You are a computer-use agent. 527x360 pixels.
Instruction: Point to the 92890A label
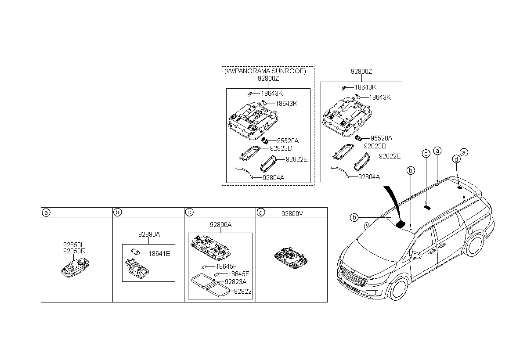tap(149, 235)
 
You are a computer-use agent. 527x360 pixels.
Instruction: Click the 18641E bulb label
tap(159, 253)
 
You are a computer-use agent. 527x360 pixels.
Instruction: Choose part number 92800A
tap(220, 225)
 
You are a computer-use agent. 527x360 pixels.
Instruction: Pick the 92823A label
tap(235, 282)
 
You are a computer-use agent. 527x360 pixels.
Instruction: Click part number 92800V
tap(292, 213)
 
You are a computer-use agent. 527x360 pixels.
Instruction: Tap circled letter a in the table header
tap(45, 213)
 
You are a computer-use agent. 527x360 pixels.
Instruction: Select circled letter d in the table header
tap(261, 213)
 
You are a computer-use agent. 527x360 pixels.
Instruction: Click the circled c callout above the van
tap(426, 153)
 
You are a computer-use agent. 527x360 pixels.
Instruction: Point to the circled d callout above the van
tap(457, 158)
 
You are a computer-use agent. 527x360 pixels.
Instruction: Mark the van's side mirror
tap(415, 255)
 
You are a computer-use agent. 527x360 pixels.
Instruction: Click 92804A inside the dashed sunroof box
tap(273, 178)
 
